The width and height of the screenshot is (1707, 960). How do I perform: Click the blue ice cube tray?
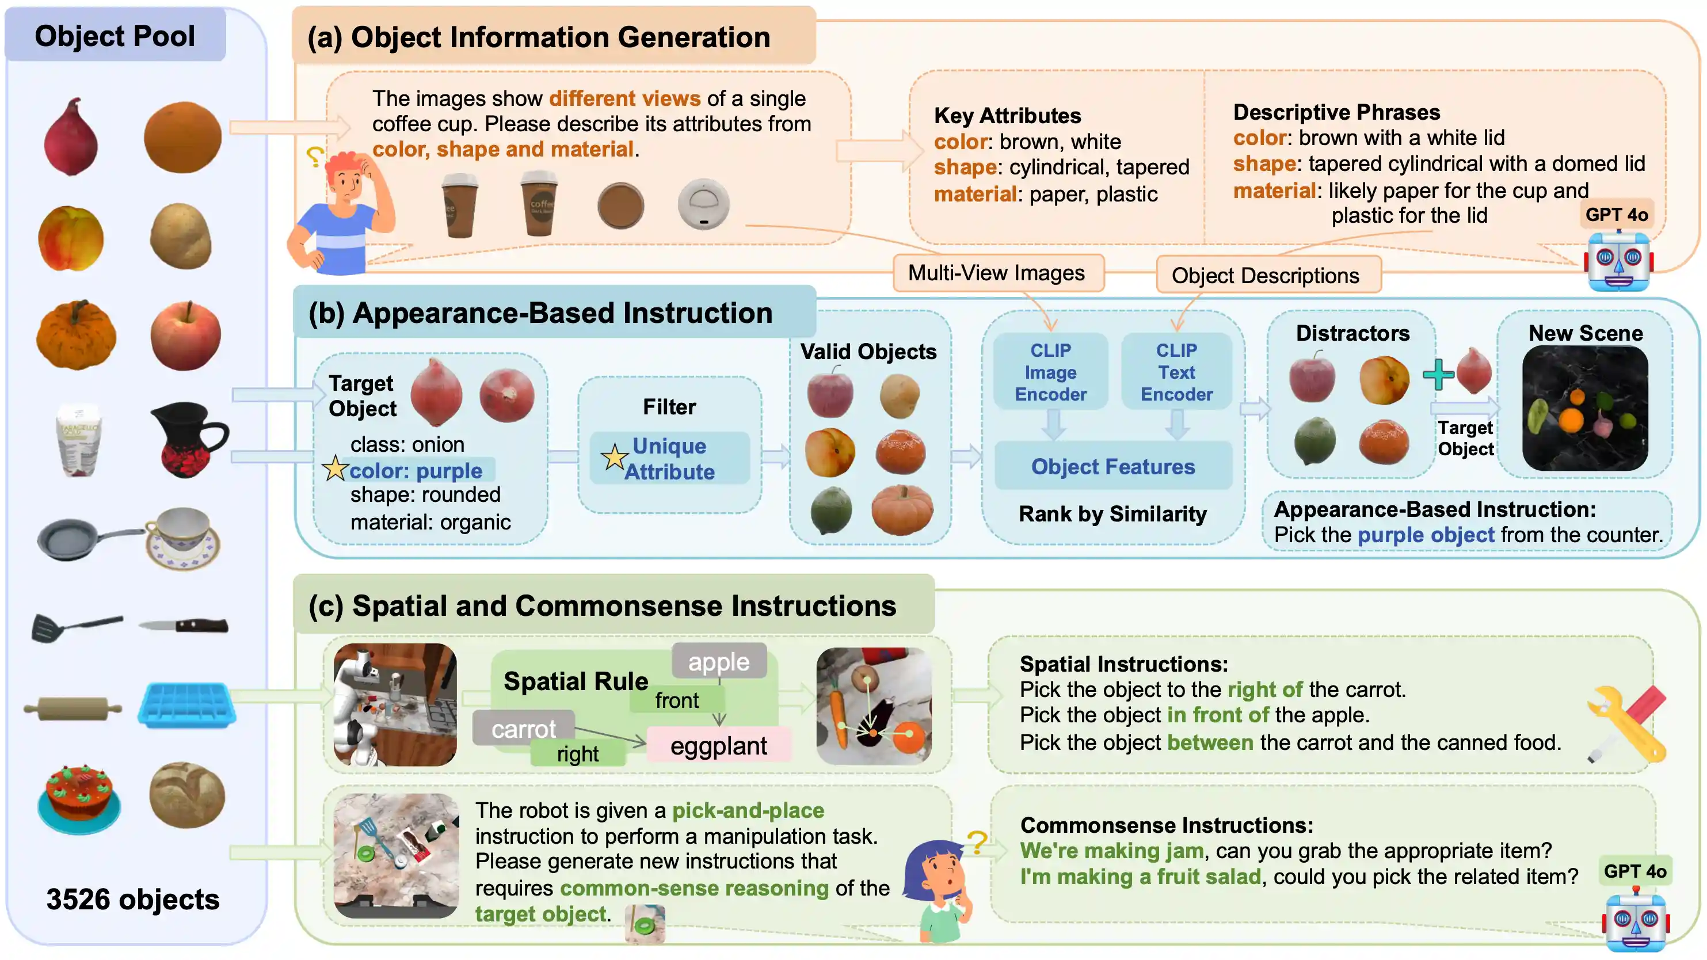point(187,706)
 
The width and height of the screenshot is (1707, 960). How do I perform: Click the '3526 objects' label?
point(132,899)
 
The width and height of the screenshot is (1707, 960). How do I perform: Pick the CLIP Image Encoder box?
point(1050,372)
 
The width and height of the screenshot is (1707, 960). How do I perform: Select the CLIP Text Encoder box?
point(1176,372)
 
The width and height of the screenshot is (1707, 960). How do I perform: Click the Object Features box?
point(1112,466)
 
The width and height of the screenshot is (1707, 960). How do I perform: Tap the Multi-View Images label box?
point(997,273)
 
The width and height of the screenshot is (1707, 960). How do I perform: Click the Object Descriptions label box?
point(1265,276)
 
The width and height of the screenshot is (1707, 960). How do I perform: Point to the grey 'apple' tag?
point(719,661)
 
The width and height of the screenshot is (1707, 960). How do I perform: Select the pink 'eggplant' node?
point(718,745)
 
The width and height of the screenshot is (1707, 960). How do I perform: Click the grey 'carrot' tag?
point(524,728)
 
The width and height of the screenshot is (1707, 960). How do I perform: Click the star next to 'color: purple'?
point(336,468)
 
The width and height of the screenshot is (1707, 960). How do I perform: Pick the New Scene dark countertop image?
point(1584,408)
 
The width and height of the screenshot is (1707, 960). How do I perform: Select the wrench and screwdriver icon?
point(1628,725)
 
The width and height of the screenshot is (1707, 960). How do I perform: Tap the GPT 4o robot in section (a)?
point(1618,260)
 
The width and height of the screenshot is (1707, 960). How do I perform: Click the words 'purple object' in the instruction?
point(1426,535)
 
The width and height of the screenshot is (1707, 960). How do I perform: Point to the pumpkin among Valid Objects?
point(902,510)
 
